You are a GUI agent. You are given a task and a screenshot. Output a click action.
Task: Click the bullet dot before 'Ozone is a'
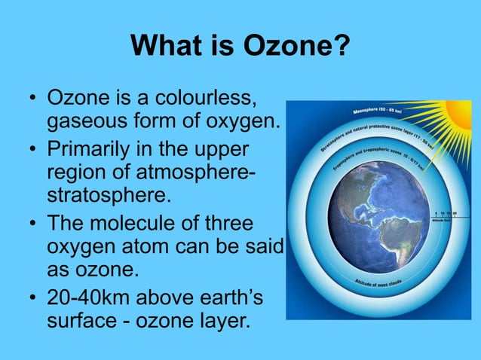point(32,99)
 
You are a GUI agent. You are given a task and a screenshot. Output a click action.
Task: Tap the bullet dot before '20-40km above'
point(32,298)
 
